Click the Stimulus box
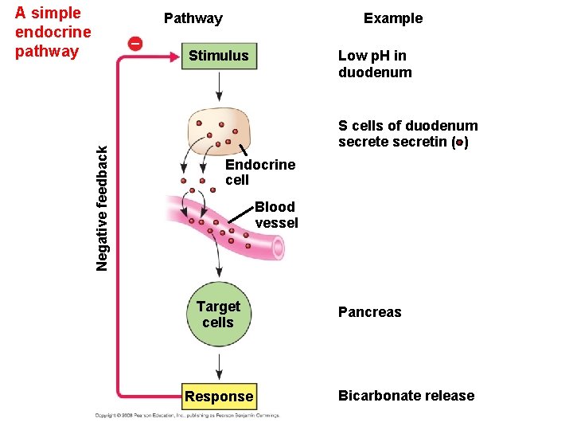218,56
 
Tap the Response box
218,397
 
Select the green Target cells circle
218,315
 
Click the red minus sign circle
135,43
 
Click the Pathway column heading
193,18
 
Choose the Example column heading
392,18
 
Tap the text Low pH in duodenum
375,64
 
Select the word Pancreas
369,312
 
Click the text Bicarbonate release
406,396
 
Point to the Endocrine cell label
259,172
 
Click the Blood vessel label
275,215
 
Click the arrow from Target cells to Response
218,367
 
